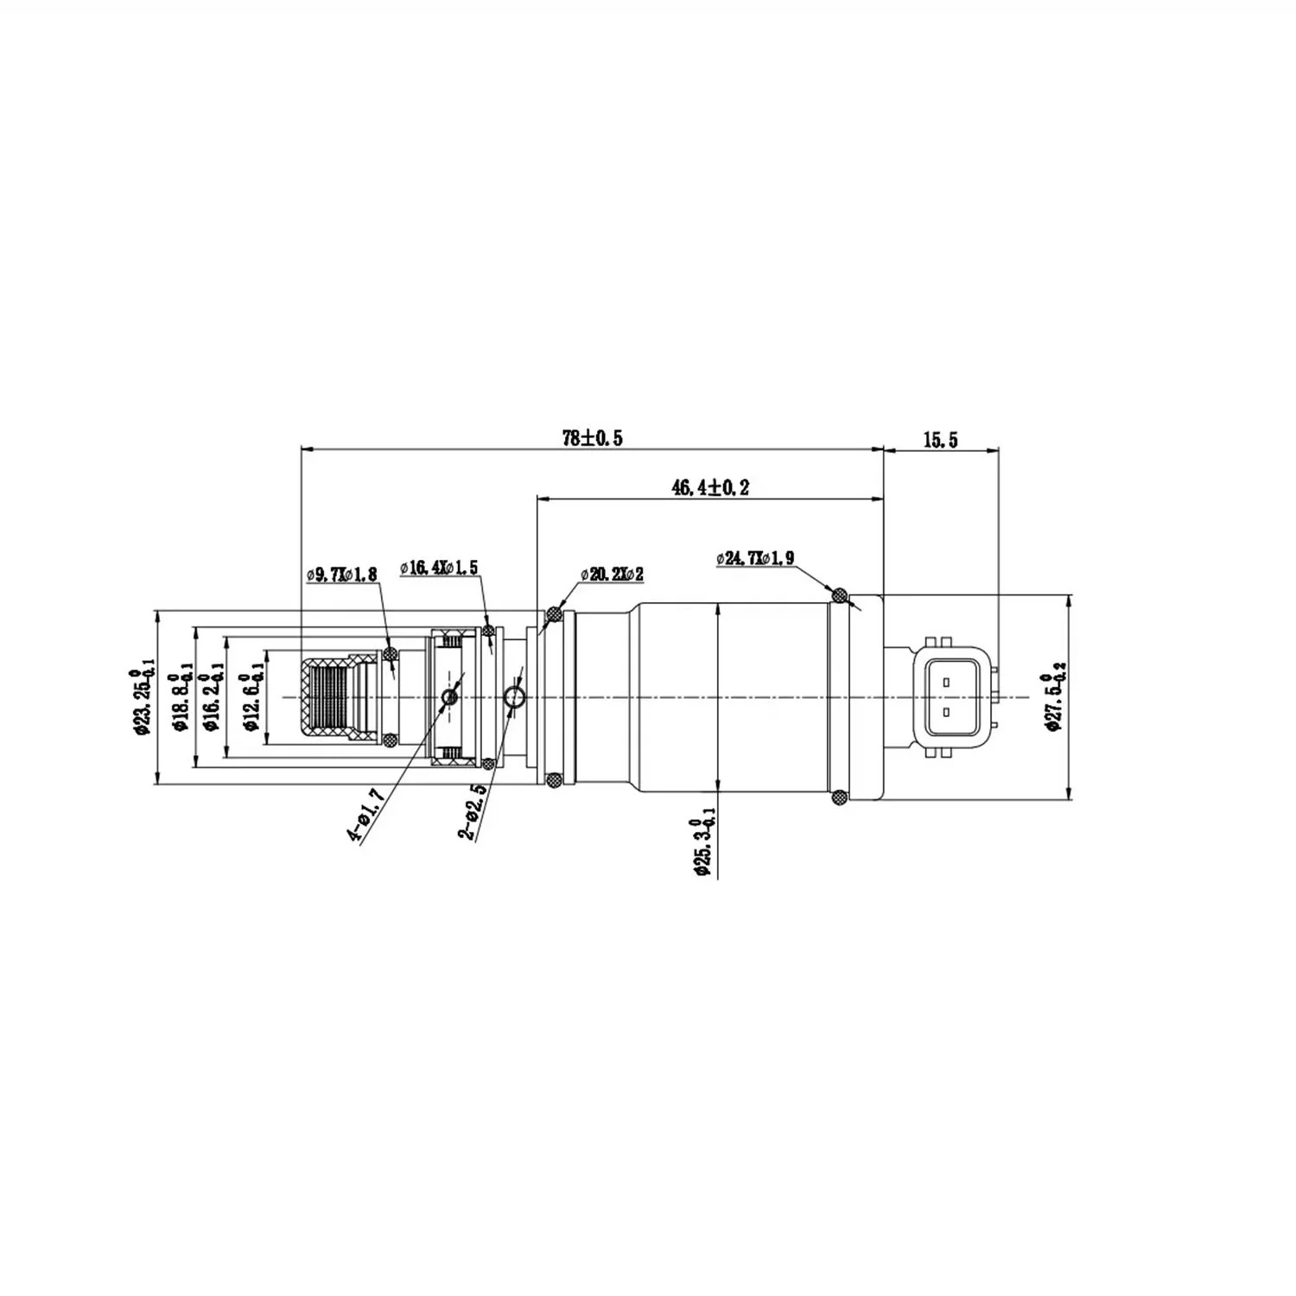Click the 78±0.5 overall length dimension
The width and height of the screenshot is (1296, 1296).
(x=592, y=438)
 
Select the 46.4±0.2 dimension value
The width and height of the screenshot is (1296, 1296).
(x=710, y=487)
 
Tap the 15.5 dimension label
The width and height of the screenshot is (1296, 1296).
(x=940, y=440)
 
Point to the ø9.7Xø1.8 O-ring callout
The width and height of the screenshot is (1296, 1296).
(x=341, y=574)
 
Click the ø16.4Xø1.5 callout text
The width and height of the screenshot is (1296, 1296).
(x=439, y=568)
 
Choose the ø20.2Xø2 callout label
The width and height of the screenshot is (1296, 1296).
(x=612, y=574)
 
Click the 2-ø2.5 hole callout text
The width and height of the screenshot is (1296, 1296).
(x=471, y=813)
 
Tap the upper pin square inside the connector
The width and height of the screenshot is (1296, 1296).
(x=947, y=682)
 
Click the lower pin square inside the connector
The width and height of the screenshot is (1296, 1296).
(x=947, y=712)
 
